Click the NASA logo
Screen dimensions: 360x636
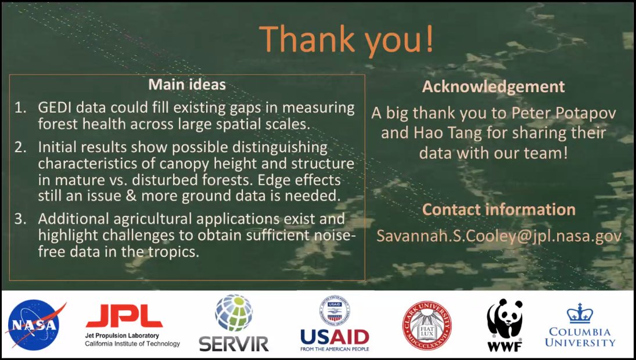pyautogui.click(x=34, y=325)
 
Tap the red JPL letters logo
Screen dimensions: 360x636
pyautogui.click(x=124, y=316)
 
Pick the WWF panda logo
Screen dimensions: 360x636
pyautogui.click(x=504, y=325)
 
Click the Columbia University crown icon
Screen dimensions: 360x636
pyautogui.click(x=580, y=314)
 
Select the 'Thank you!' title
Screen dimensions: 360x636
pyautogui.click(x=346, y=39)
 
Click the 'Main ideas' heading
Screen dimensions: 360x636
pyautogui.click(x=187, y=85)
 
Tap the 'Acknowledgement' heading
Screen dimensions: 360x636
pyautogui.click(x=493, y=87)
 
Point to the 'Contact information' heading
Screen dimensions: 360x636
pyautogui.click(x=498, y=210)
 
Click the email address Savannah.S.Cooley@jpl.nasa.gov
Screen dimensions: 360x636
pyautogui.click(x=499, y=236)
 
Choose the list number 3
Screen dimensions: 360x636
pyautogui.click(x=21, y=219)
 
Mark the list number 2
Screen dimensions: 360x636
pyautogui.click(x=21, y=147)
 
